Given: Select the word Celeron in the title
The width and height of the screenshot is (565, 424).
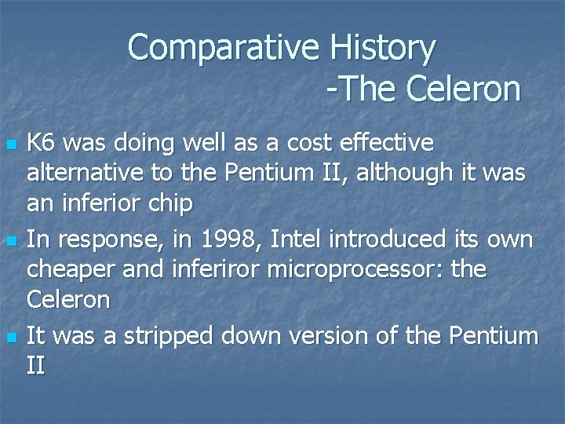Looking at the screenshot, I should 463,89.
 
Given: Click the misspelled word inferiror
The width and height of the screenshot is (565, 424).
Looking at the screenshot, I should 215,269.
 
